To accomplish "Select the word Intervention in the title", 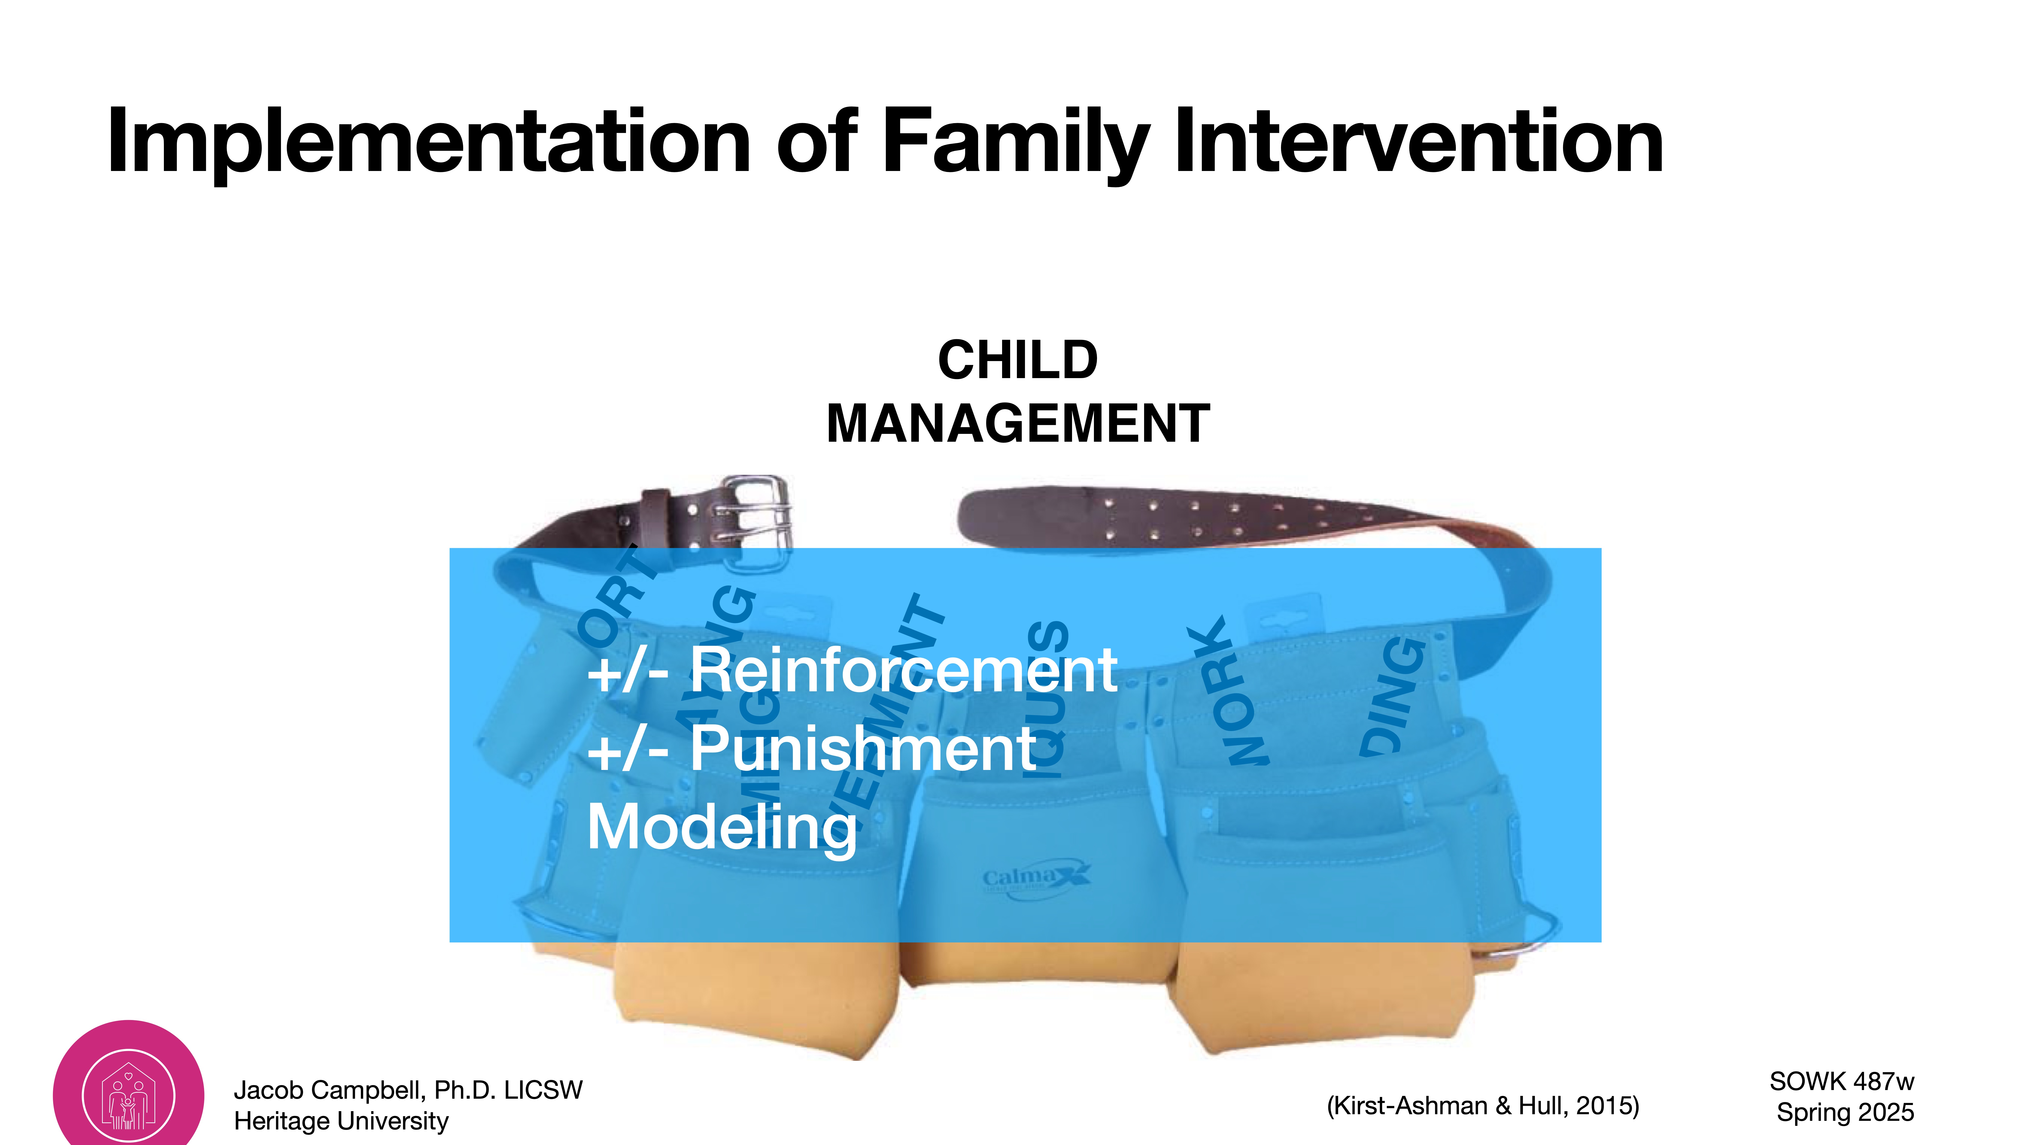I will click(1419, 142).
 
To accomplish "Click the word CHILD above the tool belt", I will click(1017, 360).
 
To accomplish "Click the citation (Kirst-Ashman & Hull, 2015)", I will click(1483, 1105).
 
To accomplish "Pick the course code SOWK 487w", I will click(1842, 1081).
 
